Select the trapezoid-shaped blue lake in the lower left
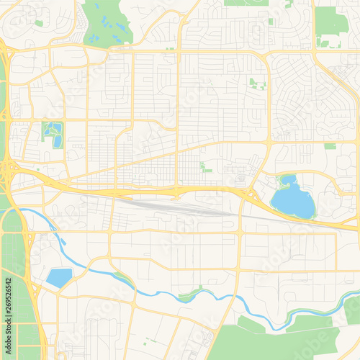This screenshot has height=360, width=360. (58, 277)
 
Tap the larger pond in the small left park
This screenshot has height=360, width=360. (57, 141)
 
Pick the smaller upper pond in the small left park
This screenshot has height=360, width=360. (51, 130)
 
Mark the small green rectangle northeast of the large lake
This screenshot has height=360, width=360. (330, 146)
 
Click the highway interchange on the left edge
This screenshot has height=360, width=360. (9, 170)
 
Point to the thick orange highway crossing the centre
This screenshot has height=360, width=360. (144, 193)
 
